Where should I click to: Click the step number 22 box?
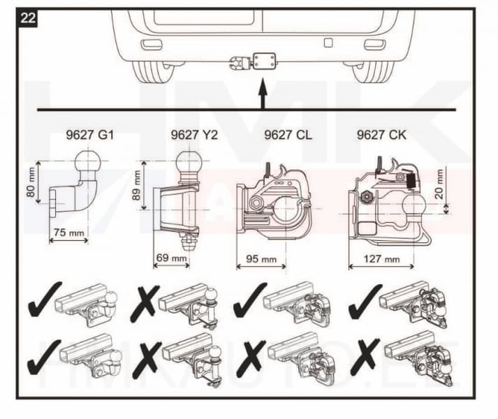(29, 17)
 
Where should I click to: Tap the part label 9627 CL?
(288, 135)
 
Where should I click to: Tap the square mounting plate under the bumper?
(266, 60)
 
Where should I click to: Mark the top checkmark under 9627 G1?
(43, 300)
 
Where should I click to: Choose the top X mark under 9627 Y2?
(145, 300)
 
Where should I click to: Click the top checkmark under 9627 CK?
(364, 298)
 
